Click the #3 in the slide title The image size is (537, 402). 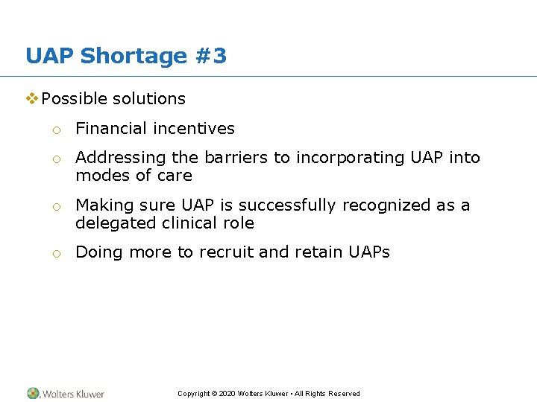coord(210,56)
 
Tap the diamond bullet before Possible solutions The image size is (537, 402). coord(32,98)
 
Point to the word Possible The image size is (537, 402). coord(73,98)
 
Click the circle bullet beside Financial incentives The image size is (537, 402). coord(56,130)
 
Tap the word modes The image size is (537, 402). coord(101,175)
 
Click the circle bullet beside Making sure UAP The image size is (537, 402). coord(56,206)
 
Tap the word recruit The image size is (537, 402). coord(226,252)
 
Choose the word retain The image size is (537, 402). coord(316,252)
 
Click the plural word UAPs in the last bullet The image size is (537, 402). coord(369,252)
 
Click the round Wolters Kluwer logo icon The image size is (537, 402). coord(34,393)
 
